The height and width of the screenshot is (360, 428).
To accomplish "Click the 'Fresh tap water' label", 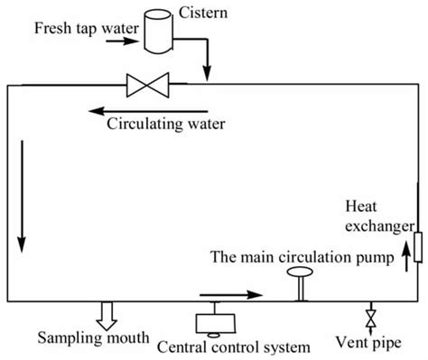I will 86,28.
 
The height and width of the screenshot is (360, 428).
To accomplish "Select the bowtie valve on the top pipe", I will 147,87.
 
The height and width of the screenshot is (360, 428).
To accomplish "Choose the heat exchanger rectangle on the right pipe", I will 417,245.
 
